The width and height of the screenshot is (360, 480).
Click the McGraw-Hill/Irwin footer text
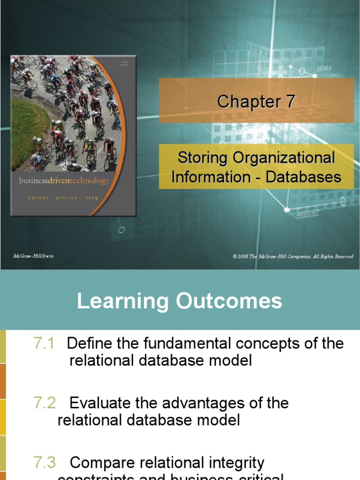33,256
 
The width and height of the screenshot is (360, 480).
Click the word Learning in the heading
123,301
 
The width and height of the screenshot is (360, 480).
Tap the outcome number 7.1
44,344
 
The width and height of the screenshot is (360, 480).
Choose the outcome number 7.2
45,403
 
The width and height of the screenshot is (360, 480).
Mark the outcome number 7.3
45,463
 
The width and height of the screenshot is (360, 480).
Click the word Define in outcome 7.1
91,344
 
